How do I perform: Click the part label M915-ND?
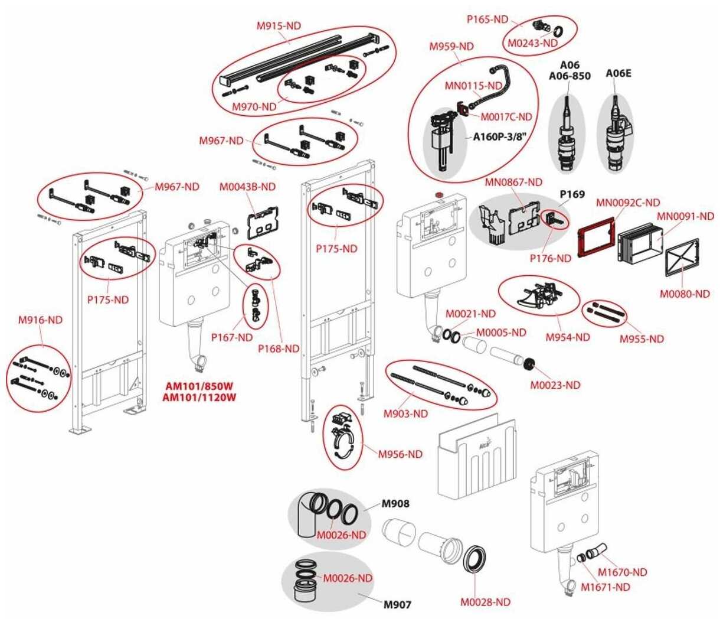point(278,26)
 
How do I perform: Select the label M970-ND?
point(254,107)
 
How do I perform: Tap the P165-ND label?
point(487,19)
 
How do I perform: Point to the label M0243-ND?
point(532,43)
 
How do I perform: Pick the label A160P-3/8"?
point(499,137)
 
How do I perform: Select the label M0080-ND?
point(685,294)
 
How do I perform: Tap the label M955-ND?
point(641,339)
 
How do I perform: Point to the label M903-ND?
point(405,414)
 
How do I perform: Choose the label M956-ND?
point(400,454)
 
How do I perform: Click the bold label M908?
point(395,504)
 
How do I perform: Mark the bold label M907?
point(397,604)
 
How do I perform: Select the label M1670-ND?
point(622,572)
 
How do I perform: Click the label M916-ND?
point(40,320)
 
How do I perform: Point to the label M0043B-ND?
point(247,187)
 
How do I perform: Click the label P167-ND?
point(232,337)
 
